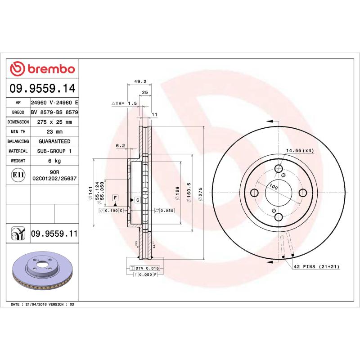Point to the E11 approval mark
(18, 174)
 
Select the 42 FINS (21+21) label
(316, 267)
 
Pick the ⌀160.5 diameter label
(189, 191)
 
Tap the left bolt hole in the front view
(254, 193)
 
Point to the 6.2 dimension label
(120, 146)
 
